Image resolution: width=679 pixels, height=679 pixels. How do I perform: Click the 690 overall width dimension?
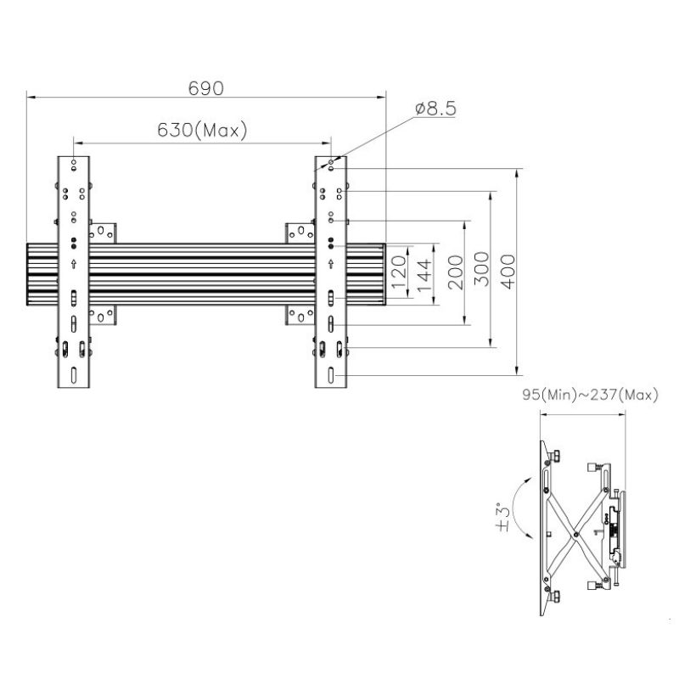point(206,88)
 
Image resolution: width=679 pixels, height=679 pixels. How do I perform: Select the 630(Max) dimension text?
point(202,130)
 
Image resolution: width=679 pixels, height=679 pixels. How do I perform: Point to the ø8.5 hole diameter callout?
point(435,109)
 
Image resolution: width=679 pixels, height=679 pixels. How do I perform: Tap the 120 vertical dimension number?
point(399,272)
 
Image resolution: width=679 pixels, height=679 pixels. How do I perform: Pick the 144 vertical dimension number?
point(424,275)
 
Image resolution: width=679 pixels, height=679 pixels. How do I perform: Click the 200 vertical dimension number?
point(456,272)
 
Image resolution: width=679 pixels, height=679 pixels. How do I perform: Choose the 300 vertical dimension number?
point(481,269)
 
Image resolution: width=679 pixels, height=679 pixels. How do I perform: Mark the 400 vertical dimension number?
point(508,272)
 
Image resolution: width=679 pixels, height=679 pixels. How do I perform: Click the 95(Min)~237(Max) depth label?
point(590,395)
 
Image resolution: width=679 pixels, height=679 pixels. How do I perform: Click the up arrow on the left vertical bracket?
point(74,263)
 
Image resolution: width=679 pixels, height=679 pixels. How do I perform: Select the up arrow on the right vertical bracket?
point(331,263)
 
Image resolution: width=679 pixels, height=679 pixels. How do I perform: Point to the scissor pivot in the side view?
point(575,535)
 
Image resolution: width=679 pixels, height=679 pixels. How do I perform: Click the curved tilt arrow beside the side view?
point(514,507)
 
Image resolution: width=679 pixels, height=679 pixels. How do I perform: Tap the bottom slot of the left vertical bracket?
point(74,375)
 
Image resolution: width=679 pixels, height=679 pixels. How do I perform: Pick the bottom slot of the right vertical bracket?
point(331,375)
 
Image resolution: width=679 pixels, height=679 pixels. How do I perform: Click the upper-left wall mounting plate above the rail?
point(103,233)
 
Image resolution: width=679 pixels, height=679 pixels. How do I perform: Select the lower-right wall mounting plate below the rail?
point(300,315)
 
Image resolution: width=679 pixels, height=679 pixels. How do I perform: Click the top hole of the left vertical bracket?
point(74,162)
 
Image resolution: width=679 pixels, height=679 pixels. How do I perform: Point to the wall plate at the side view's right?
point(622,529)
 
